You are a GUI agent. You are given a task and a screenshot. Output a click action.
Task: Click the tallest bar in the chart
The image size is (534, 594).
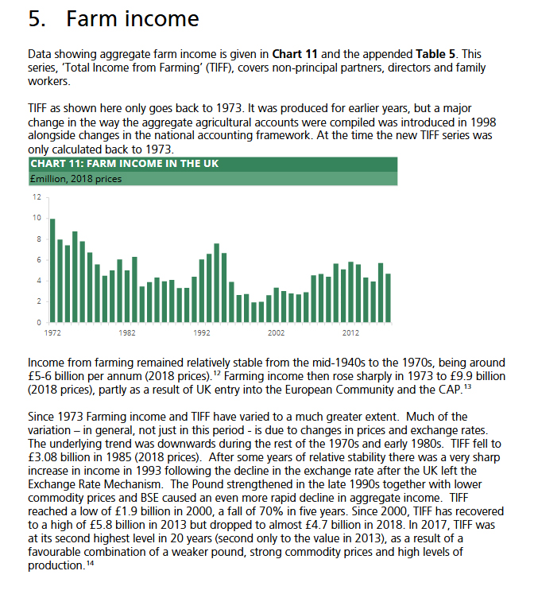(52, 270)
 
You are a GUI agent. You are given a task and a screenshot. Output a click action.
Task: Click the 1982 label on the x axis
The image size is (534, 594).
(126, 332)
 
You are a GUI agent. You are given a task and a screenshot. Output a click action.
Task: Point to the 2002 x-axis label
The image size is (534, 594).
(276, 332)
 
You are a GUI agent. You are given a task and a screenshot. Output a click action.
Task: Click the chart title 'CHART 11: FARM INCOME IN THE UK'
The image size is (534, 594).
(124, 164)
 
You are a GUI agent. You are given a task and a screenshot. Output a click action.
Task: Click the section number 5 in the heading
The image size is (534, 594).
(36, 19)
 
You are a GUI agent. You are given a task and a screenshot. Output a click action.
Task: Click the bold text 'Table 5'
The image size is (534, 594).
(435, 54)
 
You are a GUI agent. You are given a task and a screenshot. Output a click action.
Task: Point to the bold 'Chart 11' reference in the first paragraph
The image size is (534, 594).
(295, 54)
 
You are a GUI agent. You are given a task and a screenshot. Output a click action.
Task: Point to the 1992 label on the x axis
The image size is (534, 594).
(201, 332)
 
